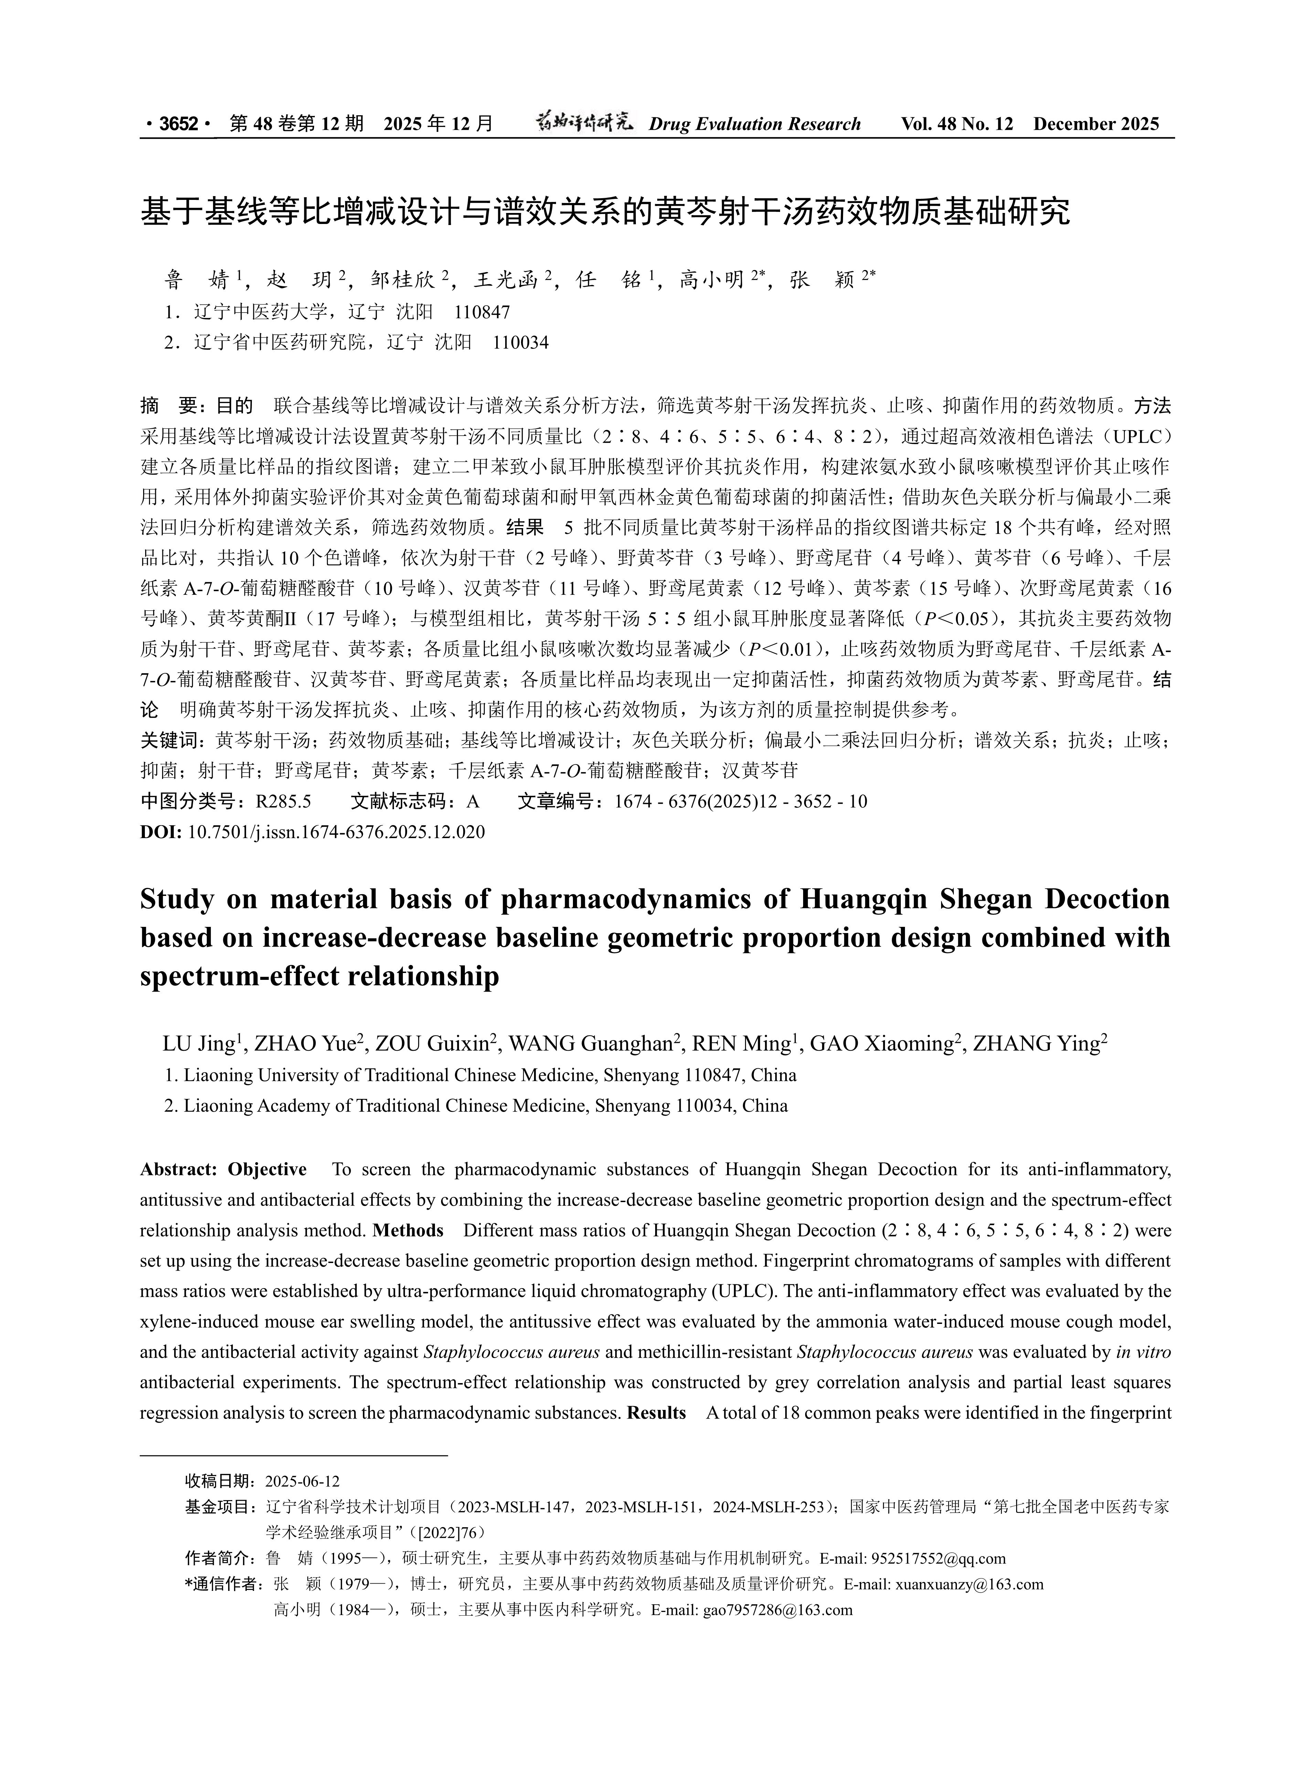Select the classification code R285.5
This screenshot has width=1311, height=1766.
pyautogui.click(x=283, y=801)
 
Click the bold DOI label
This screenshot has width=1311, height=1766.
pyautogui.click(x=161, y=832)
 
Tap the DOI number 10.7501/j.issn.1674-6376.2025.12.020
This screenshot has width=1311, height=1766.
pyautogui.click(x=337, y=832)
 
